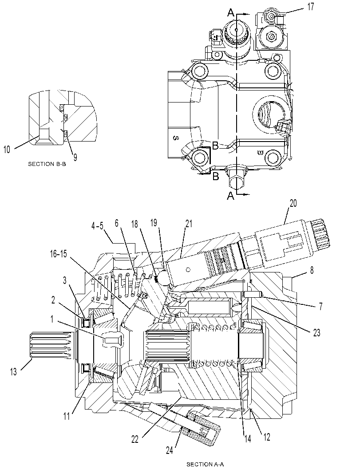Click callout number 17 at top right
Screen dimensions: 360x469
point(311,7)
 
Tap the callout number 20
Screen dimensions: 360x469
point(293,203)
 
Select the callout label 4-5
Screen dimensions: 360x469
point(97,226)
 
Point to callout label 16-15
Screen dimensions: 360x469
point(59,254)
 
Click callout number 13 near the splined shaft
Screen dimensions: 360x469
point(13,371)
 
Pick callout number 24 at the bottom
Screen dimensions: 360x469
point(170,450)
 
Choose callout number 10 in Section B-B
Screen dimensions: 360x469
point(7,149)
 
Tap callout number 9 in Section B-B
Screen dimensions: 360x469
point(75,157)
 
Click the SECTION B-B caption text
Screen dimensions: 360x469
point(47,164)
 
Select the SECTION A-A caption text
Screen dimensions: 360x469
point(205,464)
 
